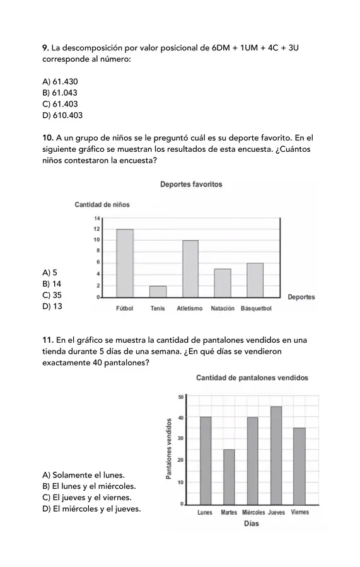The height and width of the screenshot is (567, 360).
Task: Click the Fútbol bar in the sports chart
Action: [x=125, y=263]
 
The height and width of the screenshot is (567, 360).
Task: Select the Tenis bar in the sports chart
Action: [x=158, y=291]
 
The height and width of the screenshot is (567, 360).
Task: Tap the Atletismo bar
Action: [x=190, y=268]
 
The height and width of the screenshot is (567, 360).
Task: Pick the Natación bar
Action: [x=223, y=283]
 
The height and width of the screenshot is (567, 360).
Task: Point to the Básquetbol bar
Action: [x=255, y=280]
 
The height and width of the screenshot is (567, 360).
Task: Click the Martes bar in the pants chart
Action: [x=229, y=477]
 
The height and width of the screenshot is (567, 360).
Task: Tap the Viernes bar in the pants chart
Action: [x=299, y=466]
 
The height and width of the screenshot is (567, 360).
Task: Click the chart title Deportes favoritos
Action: [x=191, y=185]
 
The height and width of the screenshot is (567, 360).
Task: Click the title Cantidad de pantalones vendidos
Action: [x=252, y=378]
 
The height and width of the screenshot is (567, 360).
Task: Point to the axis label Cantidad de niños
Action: [x=102, y=205]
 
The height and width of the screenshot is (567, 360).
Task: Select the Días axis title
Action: [x=251, y=524]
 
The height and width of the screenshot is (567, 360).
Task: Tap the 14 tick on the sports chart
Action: [x=97, y=219]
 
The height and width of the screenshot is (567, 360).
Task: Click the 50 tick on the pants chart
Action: [x=180, y=396]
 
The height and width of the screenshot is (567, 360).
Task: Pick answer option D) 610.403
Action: [x=62, y=115]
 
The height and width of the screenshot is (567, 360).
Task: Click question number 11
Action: [x=47, y=340]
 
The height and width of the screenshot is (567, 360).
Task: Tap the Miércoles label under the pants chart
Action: [x=253, y=513]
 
